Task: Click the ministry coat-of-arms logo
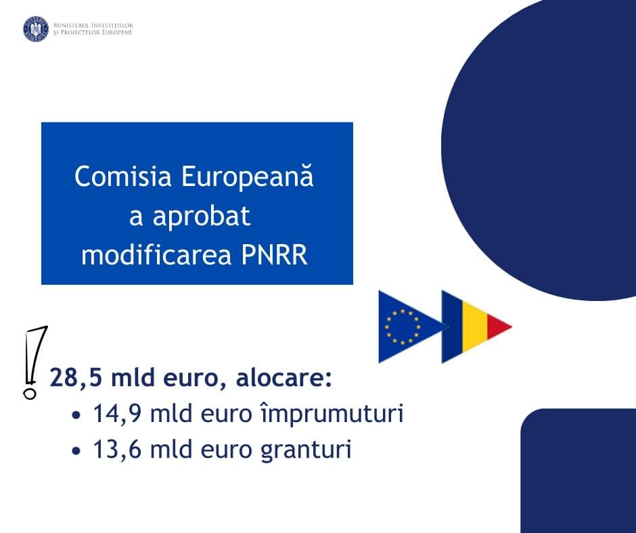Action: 36,29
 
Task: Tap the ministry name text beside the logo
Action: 93,29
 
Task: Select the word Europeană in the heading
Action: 247,177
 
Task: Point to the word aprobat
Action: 201,217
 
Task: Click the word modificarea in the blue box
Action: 156,255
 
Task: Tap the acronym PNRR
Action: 274,256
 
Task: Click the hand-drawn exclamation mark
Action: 35,363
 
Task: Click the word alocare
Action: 284,377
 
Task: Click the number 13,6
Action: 118,450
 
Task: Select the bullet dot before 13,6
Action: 76,451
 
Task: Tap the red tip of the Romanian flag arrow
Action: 498,326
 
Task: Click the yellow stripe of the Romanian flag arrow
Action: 475,326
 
